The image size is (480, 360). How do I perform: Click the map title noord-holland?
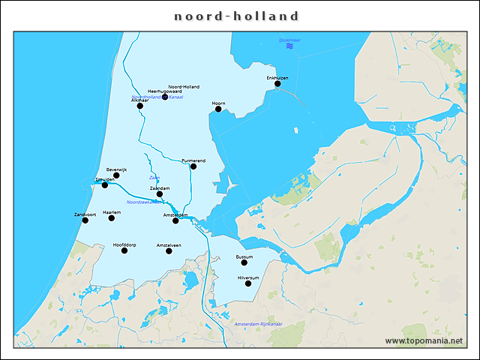[x=237, y=16]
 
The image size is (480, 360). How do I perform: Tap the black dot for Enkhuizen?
[x=277, y=84]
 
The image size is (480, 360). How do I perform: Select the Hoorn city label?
[x=218, y=103]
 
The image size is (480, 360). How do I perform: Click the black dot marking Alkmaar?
[x=140, y=106]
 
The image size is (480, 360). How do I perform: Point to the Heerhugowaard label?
[x=165, y=91]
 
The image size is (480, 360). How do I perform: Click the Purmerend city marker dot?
[x=193, y=166]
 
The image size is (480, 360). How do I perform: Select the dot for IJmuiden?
[x=105, y=184]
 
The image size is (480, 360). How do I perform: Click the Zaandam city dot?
[x=160, y=194]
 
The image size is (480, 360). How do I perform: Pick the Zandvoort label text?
[x=85, y=214]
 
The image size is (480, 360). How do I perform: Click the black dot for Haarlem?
[x=112, y=218]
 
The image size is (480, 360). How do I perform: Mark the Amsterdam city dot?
[x=175, y=220]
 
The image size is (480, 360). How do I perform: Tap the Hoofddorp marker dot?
[x=124, y=250]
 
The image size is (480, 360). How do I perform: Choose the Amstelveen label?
[x=169, y=245]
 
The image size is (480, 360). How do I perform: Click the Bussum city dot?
[x=244, y=262]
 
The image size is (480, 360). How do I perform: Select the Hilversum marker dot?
[x=248, y=283]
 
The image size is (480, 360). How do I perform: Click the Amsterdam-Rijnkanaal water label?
[x=258, y=324]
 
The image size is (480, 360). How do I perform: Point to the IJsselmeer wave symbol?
[x=289, y=46]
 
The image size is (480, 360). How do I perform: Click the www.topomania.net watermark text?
[x=424, y=340]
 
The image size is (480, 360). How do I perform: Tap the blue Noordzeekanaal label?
[x=144, y=202]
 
